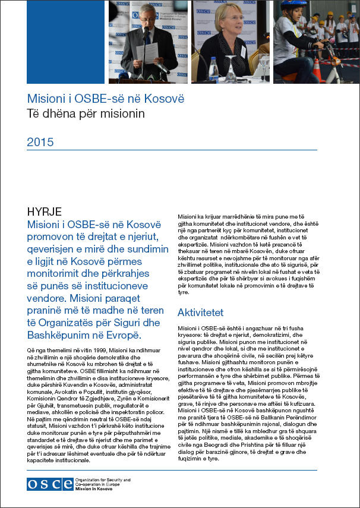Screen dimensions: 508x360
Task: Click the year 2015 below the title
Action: click(x=40, y=142)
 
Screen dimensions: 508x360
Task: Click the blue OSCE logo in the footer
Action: click(x=49, y=484)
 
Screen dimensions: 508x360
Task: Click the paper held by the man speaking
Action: click(x=147, y=53)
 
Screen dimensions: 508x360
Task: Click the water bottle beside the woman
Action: click(x=213, y=70)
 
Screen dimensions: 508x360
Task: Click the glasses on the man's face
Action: click(x=147, y=18)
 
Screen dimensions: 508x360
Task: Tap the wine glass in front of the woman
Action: click(x=230, y=68)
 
